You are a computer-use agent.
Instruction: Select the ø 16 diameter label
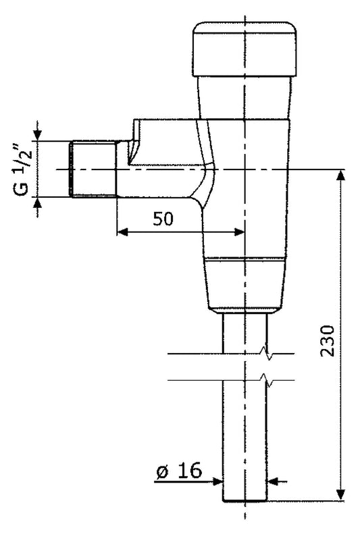click(180, 471)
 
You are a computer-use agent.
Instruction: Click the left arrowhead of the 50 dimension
click(122, 232)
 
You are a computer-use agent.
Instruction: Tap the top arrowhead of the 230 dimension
click(341, 175)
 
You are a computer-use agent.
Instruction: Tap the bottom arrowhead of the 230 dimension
click(341, 496)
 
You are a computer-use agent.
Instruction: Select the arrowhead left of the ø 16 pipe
click(217, 481)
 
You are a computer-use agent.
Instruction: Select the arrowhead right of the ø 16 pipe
click(274, 481)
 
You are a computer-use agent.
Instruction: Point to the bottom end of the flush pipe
click(245, 500)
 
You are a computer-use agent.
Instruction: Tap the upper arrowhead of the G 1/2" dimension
click(37, 135)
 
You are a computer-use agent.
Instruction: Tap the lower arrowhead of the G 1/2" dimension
click(37, 203)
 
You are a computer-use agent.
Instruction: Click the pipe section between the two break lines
click(245, 368)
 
